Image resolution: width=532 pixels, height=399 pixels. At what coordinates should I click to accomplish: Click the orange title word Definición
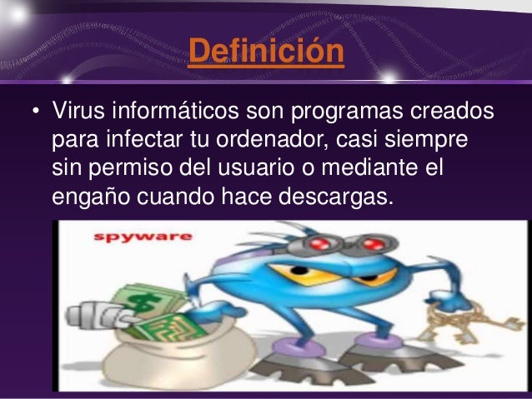(266, 51)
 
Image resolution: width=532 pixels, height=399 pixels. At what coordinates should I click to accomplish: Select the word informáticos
(175, 110)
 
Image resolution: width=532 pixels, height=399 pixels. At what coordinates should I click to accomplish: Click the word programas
(347, 112)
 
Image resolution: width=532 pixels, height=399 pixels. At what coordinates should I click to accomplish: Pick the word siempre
(426, 140)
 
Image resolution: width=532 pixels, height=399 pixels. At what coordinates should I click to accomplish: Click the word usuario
(256, 168)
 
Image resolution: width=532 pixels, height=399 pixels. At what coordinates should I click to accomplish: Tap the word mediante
(369, 167)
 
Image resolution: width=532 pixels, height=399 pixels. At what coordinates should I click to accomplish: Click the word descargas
(336, 197)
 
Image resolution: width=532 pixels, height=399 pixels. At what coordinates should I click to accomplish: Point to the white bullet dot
(37, 111)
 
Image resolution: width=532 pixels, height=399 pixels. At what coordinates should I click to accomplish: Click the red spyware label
(143, 237)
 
